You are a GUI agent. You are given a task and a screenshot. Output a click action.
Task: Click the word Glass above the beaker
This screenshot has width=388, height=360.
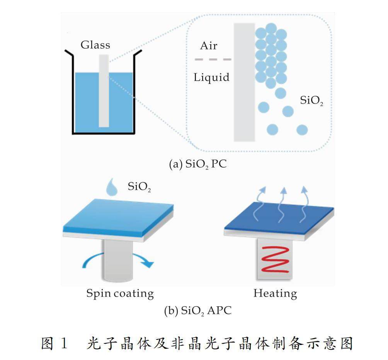(x=95, y=45)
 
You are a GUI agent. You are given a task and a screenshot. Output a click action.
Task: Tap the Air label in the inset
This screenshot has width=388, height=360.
(x=209, y=46)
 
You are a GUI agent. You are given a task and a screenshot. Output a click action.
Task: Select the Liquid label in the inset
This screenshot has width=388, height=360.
(x=211, y=77)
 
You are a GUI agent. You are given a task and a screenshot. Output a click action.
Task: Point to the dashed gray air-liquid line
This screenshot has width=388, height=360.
(x=213, y=59)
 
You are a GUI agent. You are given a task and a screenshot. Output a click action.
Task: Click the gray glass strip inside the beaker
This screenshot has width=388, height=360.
(x=104, y=91)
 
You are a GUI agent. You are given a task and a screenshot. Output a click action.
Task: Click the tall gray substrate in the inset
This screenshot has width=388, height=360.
(x=245, y=82)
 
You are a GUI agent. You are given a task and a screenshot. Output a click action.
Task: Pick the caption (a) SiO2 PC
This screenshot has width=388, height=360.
(x=198, y=164)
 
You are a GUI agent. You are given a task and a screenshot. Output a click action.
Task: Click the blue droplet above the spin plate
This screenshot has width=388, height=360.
(x=112, y=187)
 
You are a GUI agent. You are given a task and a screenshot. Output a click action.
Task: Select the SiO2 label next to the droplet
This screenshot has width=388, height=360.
(x=139, y=187)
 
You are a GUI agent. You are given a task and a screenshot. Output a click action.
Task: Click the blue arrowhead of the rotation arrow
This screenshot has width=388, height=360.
(x=148, y=264)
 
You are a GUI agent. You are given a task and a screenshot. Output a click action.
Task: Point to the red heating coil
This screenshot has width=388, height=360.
(x=275, y=260)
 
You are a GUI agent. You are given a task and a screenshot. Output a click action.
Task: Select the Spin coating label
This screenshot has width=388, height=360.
(x=120, y=294)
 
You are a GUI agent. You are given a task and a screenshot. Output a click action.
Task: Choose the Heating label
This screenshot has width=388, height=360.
(x=275, y=294)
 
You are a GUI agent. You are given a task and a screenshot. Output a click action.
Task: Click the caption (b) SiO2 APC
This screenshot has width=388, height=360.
(x=198, y=311)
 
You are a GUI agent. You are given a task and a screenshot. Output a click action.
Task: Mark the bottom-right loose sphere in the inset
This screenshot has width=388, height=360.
(x=302, y=130)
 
